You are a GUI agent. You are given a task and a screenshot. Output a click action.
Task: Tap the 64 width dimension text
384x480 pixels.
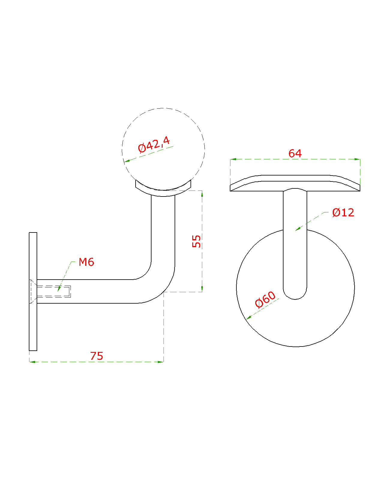295,153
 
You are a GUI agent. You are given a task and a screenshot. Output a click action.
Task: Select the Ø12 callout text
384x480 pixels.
343,212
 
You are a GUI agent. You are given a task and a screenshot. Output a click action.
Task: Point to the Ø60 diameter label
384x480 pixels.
265,299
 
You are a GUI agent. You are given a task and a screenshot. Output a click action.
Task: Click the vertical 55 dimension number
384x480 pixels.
196,241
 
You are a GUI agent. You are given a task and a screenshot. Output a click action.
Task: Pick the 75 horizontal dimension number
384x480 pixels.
96,356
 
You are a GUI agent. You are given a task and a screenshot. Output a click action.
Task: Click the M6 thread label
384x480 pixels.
86,262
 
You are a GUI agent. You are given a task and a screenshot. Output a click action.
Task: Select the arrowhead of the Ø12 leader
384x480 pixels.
297,229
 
